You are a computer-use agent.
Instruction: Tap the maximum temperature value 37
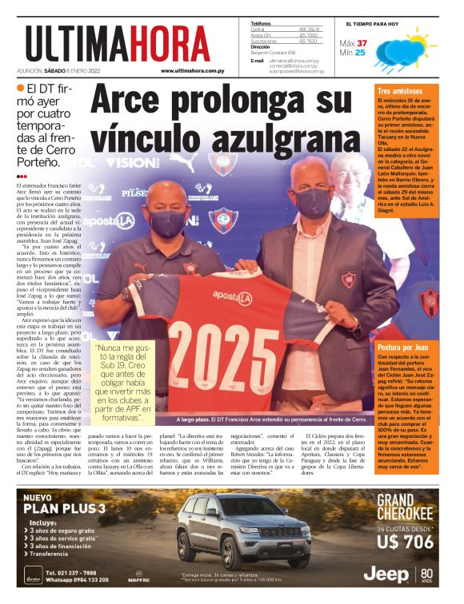pos(362,43)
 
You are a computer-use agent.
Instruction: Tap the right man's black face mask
pos(312,202)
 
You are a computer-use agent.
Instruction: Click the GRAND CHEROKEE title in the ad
pos(405,508)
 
